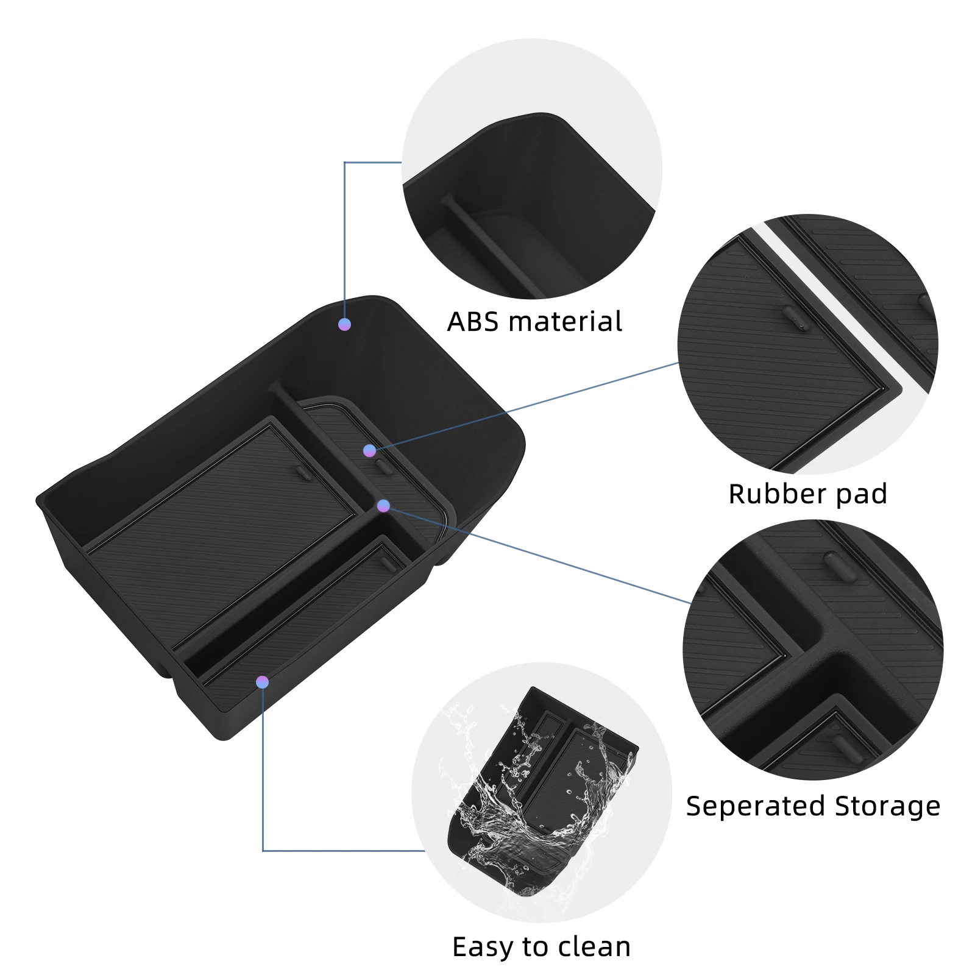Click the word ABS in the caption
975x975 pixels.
pyautogui.click(x=472, y=322)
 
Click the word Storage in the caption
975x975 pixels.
pyautogui.click(x=888, y=807)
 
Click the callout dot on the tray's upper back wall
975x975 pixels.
pyautogui.click(x=344, y=324)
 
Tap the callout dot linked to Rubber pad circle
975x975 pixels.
pyautogui.click(x=369, y=451)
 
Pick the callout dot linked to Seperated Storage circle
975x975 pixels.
pyautogui.click(x=383, y=506)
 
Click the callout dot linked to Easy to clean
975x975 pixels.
pyautogui.click(x=262, y=682)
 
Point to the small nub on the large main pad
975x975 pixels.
pyautogui.click(x=302, y=473)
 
